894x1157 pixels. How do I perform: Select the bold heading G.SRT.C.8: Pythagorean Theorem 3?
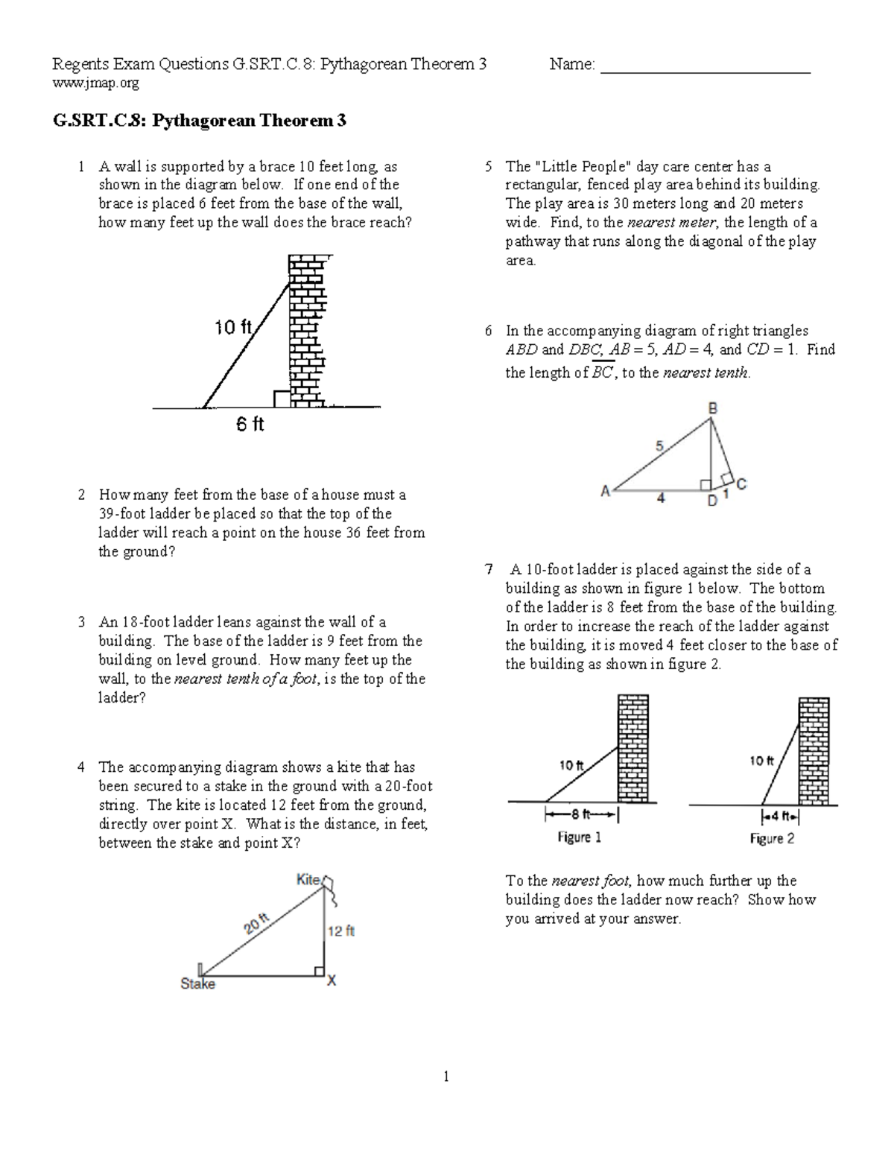tap(199, 121)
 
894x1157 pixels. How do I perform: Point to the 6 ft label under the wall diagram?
tap(250, 425)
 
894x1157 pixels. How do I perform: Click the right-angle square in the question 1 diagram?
tap(282, 399)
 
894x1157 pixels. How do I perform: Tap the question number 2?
tap(81, 495)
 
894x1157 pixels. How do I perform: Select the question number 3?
tap(81, 622)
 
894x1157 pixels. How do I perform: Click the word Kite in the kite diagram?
tap(308, 879)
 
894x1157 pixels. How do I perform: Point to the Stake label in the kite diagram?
tap(197, 984)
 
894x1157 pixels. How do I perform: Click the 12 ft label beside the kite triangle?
tap(341, 931)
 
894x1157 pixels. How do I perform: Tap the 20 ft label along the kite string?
tap(257, 924)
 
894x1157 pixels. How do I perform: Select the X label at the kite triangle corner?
tap(332, 981)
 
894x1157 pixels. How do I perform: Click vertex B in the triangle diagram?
tap(712, 408)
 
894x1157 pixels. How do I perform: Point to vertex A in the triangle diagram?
tap(605, 491)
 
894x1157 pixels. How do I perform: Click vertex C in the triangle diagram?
tap(741, 484)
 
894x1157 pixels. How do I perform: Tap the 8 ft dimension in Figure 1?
tap(582, 814)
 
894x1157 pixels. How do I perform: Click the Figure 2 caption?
tap(772, 838)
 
